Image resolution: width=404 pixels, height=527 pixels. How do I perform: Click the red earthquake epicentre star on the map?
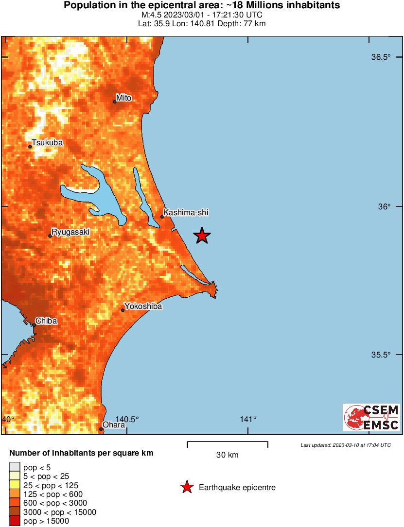(202, 236)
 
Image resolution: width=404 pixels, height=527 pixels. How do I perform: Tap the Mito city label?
(124, 98)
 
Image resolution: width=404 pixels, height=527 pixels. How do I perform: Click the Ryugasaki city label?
(70, 232)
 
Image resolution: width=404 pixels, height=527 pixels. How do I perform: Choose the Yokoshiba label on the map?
(143, 306)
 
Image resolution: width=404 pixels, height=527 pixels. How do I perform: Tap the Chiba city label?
(46, 321)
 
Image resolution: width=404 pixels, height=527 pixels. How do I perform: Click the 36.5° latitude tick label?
(381, 57)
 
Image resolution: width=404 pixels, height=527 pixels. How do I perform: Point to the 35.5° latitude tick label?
(381, 355)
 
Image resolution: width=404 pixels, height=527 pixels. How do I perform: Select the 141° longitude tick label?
(248, 420)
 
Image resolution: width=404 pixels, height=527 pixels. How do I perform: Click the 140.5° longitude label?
(127, 420)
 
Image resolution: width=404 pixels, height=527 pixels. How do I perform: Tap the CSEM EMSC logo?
(371, 417)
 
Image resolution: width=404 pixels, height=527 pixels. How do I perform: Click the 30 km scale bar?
(228, 443)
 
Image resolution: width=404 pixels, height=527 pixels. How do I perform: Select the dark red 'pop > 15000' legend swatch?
(15, 521)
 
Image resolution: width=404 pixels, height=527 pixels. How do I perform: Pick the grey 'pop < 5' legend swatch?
(15, 467)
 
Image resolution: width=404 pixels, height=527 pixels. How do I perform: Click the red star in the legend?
(187, 487)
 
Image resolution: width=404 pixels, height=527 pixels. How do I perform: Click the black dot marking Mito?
(115, 102)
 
